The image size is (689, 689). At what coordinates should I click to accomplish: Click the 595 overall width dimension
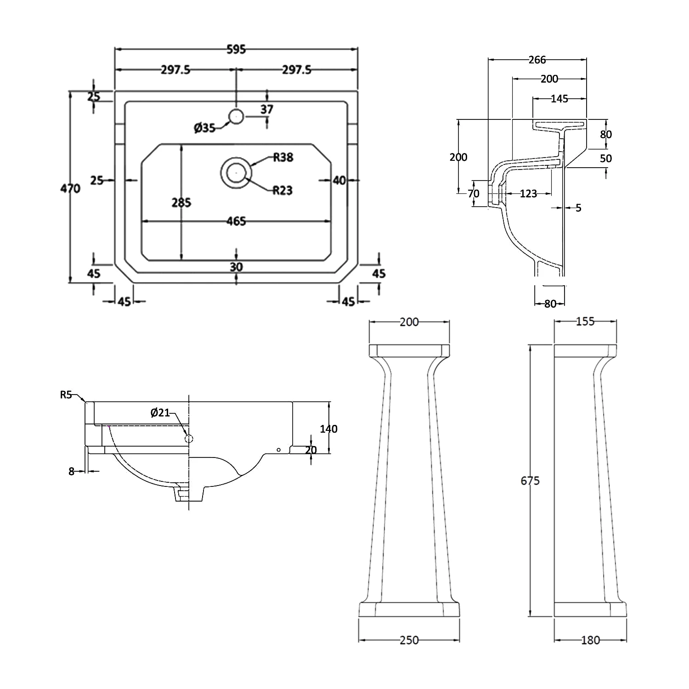click(x=236, y=49)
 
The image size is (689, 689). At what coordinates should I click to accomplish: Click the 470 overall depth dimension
click(x=71, y=188)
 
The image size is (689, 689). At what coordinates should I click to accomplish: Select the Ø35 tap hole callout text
click(x=204, y=128)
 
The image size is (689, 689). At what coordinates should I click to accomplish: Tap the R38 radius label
click(x=283, y=158)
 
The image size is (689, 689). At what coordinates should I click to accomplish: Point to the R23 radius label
click(x=282, y=190)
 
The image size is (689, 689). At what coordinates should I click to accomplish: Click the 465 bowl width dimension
click(x=236, y=221)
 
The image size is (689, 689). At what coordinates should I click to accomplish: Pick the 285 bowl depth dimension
click(x=181, y=203)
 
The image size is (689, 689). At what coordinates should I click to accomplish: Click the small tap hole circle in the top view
click(x=236, y=117)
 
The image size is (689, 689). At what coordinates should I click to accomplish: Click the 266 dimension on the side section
click(x=537, y=60)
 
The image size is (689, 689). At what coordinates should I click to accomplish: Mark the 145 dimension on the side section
click(x=559, y=99)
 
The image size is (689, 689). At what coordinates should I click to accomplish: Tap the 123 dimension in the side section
click(x=528, y=194)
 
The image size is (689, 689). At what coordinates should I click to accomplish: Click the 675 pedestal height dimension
click(x=530, y=480)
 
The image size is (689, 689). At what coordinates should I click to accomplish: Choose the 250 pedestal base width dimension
click(x=409, y=640)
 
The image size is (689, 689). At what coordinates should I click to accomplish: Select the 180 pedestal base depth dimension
click(x=590, y=640)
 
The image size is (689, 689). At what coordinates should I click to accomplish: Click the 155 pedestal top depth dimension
click(x=585, y=322)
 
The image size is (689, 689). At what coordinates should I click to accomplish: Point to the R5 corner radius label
click(x=66, y=394)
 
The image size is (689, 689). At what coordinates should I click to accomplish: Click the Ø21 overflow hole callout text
click(x=160, y=412)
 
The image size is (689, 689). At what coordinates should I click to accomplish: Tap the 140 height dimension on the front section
click(x=328, y=429)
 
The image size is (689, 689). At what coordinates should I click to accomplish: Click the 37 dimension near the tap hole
click(x=267, y=109)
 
